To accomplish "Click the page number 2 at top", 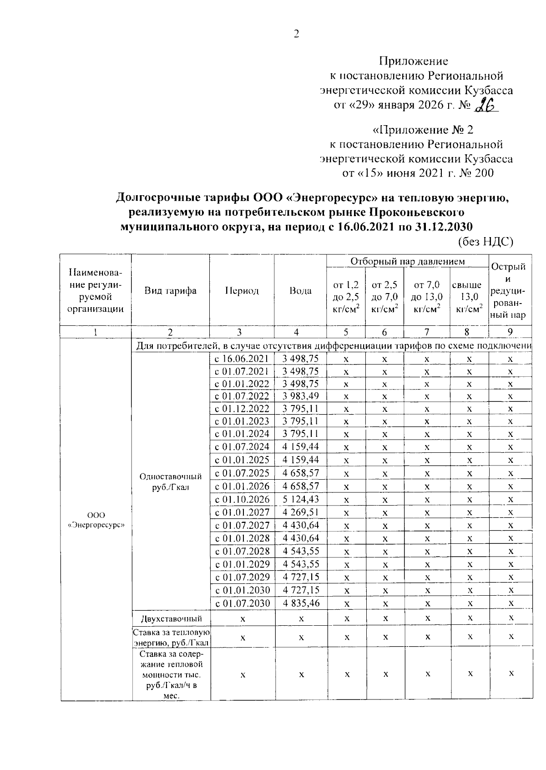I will (297, 34).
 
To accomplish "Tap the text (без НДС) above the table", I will (485, 242).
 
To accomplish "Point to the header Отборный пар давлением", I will (407, 261).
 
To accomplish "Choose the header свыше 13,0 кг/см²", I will (469, 297).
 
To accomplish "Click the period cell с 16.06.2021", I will (242, 359).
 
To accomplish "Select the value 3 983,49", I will (300, 396).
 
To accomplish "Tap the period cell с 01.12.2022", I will (242, 409).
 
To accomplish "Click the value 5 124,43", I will (300, 499).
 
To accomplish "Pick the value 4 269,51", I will (300, 512).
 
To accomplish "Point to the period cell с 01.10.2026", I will (242, 499).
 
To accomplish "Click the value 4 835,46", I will (300, 603).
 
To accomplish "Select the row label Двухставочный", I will (171, 618).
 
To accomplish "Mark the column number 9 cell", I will (510, 332).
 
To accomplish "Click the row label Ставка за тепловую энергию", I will (171, 637).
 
